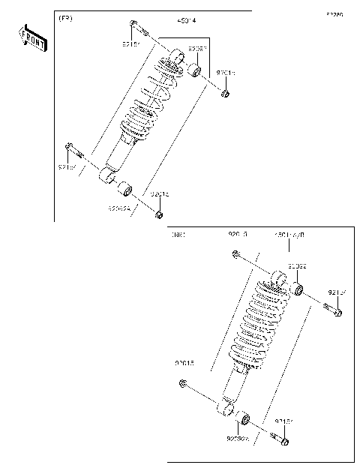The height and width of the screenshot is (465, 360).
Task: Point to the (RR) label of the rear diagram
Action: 178,235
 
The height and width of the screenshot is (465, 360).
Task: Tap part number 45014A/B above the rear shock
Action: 289,235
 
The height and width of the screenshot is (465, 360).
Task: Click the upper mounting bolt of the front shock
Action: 135,28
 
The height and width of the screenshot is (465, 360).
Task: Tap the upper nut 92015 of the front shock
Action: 225,94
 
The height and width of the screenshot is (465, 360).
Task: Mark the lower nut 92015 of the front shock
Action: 159,215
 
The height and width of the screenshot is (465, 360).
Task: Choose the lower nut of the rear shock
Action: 183,384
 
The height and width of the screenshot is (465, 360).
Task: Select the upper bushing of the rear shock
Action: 297,289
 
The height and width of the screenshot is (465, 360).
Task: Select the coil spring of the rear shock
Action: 259,322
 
